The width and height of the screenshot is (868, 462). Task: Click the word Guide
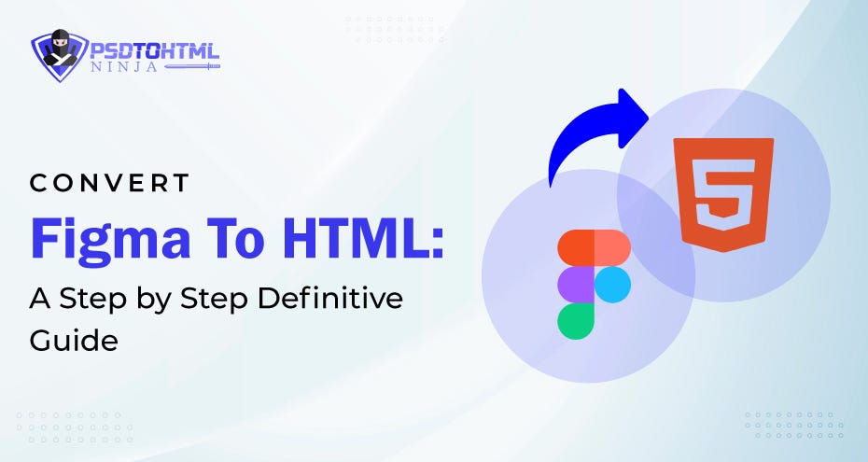point(74,341)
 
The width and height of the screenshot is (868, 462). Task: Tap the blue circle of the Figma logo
point(611,284)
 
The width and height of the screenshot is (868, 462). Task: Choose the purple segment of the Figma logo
point(575,284)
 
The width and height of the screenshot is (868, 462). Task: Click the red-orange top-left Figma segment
point(575,247)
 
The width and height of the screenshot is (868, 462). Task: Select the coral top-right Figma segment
point(611,247)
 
